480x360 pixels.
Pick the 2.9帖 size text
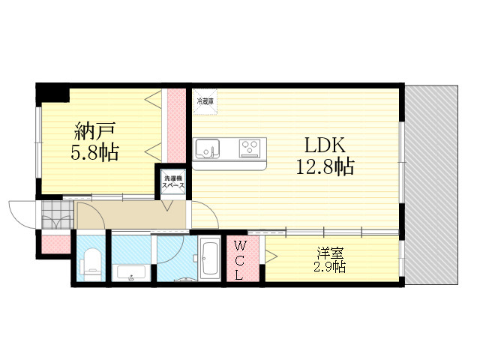tap(330, 266)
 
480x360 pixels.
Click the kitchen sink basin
tap(205, 149)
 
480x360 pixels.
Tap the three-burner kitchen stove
tap(250, 148)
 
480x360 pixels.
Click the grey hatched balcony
tap(430, 184)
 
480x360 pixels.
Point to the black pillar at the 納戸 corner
tap(53, 94)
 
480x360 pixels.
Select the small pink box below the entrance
tap(55, 244)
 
